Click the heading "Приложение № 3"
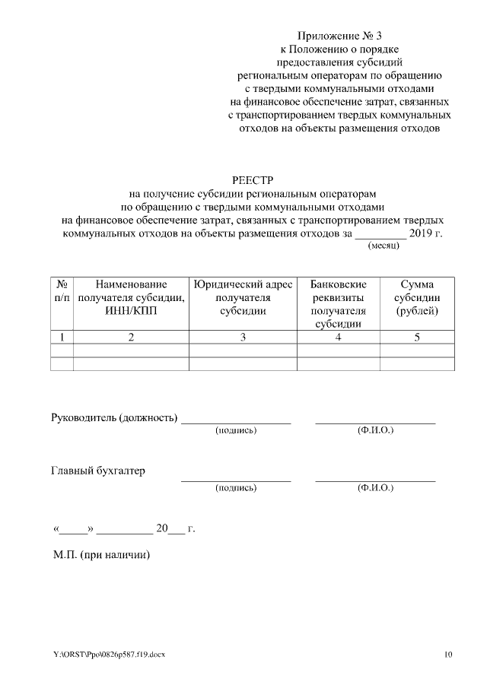coord(339,35)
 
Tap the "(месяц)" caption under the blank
coord(383,246)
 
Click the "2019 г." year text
coord(425,233)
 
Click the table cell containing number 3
coord(243,338)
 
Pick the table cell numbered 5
coord(417,338)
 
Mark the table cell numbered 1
coord(62,338)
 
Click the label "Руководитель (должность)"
coord(113,417)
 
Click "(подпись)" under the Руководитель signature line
coord(236,431)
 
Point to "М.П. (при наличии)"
coord(101,555)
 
